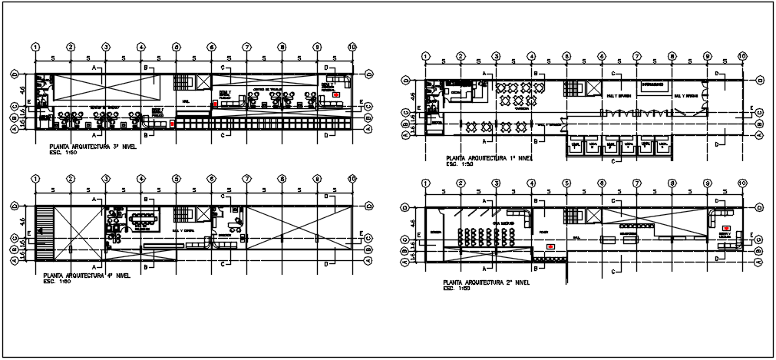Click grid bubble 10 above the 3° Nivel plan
coord(352,47)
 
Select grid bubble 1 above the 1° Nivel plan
coord(425,55)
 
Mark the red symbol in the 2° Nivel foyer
coord(550,246)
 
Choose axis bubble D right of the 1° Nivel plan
coord(758,78)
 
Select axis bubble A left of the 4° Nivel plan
coord(15,259)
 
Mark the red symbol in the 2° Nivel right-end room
coord(726,228)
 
